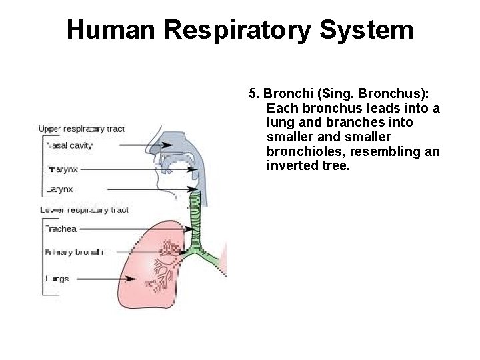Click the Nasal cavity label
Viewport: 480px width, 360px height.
[69, 145]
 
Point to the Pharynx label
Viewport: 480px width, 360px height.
[61, 169]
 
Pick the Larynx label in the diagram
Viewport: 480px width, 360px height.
[59, 189]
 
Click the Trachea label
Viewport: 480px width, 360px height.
[61, 229]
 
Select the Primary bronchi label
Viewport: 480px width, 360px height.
[73, 252]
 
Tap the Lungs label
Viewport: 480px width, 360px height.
[57, 279]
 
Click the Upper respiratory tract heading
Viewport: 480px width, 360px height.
[81, 129]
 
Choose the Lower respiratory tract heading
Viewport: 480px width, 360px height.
[84, 210]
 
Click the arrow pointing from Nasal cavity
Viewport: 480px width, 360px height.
[127, 144]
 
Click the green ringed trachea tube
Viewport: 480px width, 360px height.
[195, 213]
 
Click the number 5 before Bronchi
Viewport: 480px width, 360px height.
[251, 93]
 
